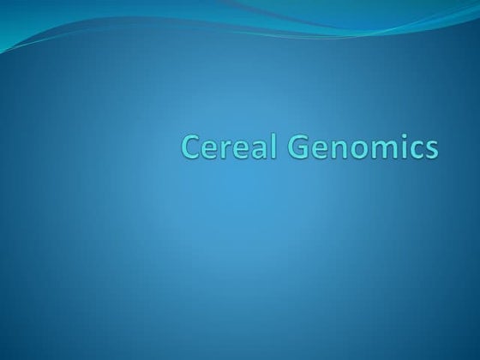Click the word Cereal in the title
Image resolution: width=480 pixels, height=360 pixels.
231,147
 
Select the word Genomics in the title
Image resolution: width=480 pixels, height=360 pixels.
364,148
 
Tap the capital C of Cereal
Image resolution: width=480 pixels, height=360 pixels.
191,147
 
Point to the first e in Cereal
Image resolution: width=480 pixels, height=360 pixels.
211,149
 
